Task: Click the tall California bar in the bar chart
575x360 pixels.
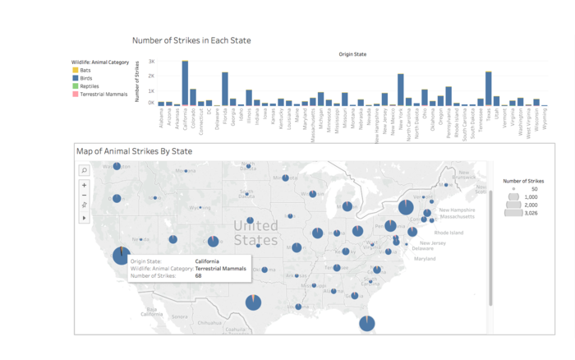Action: click(185, 83)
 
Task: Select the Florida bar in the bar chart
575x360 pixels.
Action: click(224, 89)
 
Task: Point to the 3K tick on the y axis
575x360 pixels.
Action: click(150, 62)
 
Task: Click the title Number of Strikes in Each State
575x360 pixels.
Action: click(191, 40)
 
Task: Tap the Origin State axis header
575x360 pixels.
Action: click(353, 54)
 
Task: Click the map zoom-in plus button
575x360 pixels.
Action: click(84, 185)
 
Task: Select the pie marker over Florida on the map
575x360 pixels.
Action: click(366, 323)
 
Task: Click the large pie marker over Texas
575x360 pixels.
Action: click(254, 302)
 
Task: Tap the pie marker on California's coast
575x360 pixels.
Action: click(121, 255)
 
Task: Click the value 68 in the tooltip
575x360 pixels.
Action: click(199, 276)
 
